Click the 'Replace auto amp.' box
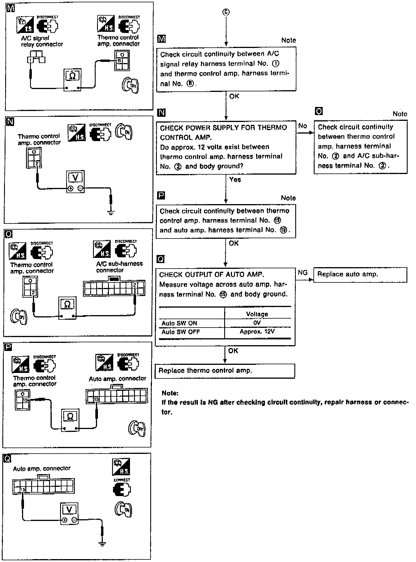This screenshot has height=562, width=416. pyautogui.click(x=360, y=275)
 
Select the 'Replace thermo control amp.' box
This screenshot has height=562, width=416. pyautogui.click(x=225, y=371)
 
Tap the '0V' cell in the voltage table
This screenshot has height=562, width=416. pyautogui.click(x=257, y=323)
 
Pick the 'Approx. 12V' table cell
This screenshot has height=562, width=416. pyautogui.click(x=257, y=332)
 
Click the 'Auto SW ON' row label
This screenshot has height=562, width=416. pyautogui.click(x=179, y=323)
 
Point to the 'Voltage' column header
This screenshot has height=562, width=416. pyautogui.click(x=257, y=314)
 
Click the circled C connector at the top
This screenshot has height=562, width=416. pyautogui.click(x=226, y=12)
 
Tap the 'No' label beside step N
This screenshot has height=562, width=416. pyautogui.click(x=302, y=126)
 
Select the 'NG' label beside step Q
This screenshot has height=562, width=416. pyautogui.click(x=302, y=273)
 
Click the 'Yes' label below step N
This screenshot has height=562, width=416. pyautogui.click(x=235, y=180)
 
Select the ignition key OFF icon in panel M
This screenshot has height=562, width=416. pyautogui.click(x=130, y=85)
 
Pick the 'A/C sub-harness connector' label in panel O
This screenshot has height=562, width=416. pyautogui.click(x=119, y=267)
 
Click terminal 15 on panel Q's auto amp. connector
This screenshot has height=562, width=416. pyautogui.click(x=23, y=490)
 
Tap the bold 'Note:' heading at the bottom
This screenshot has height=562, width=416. pyautogui.click(x=170, y=393)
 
